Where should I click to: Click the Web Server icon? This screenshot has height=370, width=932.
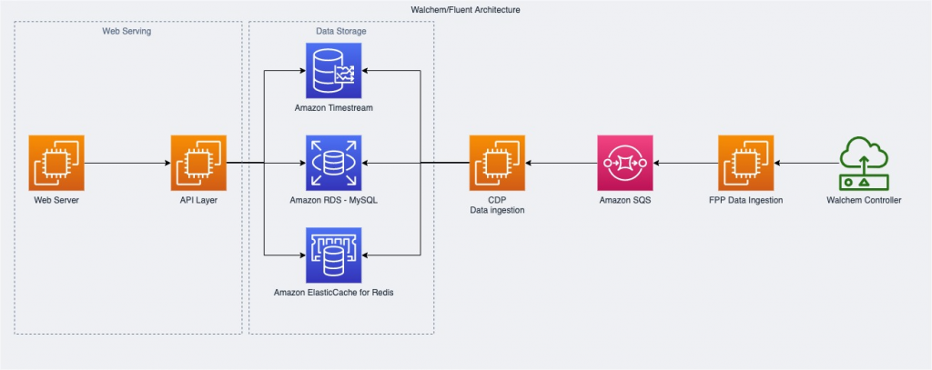pyautogui.click(x=56, y=163)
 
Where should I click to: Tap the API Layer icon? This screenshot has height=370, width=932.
pyautogui.click(x=198, y=163)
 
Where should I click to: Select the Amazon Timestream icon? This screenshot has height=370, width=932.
pyautogui.click(x=334, y=70)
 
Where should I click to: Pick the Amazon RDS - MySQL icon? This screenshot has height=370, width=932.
pyautogui.click(x=334, y=163)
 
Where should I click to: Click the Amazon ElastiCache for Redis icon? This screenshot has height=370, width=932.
pyautogui.click(x=334, y=255)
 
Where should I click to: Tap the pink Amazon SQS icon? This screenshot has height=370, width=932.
pyautogui.click(x=625, y=163)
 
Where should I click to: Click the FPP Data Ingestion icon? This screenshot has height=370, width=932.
pyautogui.click(x=746, y=163)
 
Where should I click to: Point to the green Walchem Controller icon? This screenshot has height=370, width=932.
pyautogui.click(x=864, y=163)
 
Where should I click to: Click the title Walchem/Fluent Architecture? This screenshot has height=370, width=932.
pyautogui.click(x=466, y=9)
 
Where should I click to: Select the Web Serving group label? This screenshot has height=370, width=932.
pyautogui.click(x=127, y=31)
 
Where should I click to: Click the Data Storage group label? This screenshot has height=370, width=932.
pyautogui.click(x=341, y=31)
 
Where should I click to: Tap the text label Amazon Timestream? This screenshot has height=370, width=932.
pyautogui.click(x=334, y=108)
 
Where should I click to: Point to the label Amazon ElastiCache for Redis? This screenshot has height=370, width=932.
pyautogui.click(x=334, y=294)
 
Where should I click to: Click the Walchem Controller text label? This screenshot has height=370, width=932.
pyautogui.click(x=864, y=200)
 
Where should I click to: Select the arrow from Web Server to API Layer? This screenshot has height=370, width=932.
pyautogui.click(x=127, y=164)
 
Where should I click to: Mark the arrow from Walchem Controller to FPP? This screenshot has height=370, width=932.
pyautogui.click(x=805, y=164)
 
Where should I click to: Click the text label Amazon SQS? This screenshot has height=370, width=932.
pyautogui.click(x=625, y=200)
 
